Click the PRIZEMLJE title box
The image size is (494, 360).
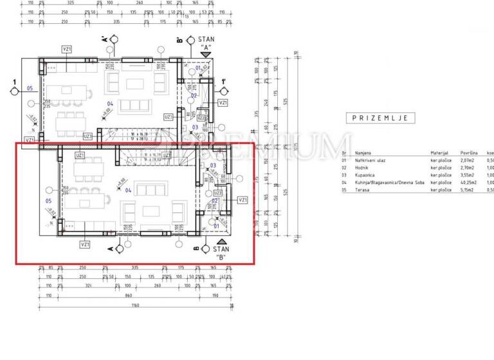coord(381,118)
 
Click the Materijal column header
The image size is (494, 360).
coord(439,153)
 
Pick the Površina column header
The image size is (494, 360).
coord(467,153)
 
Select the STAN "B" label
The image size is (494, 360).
coord(221,253)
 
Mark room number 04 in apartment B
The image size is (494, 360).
coord(128,190)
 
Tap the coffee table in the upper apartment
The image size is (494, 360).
coord(136,84)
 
